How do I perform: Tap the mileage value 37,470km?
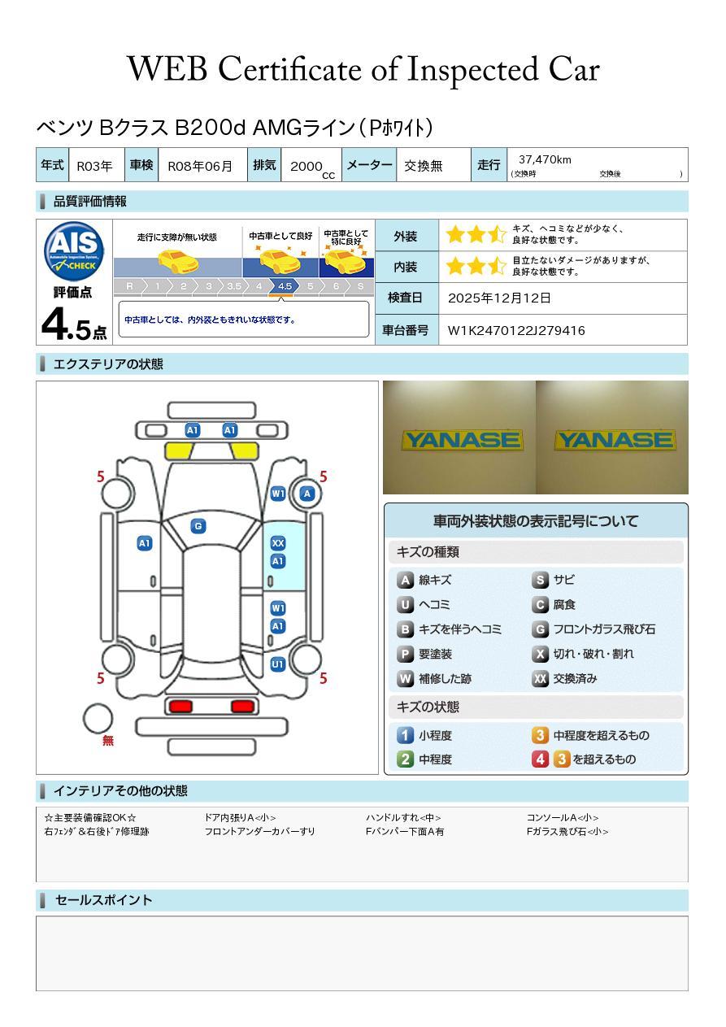(545, 159)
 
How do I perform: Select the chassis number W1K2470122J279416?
(516, 330)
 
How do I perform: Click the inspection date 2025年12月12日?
(499, 298)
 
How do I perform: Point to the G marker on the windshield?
(198, 526)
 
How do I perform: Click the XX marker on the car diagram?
(278, 543)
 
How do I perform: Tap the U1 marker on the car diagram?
(278, 664)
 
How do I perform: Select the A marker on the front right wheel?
(307, 494)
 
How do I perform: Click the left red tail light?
(179, 706)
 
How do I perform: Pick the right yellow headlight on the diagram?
(245, 450)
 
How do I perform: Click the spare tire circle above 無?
(98, 718)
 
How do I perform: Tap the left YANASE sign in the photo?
(461, 440)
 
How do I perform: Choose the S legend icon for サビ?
(540, 580)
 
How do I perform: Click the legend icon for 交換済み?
(540, 678)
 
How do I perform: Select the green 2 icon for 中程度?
(405, 759)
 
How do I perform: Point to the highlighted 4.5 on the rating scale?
(285, 286)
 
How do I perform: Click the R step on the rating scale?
(129, 286)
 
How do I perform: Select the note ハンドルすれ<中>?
(403, 817)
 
